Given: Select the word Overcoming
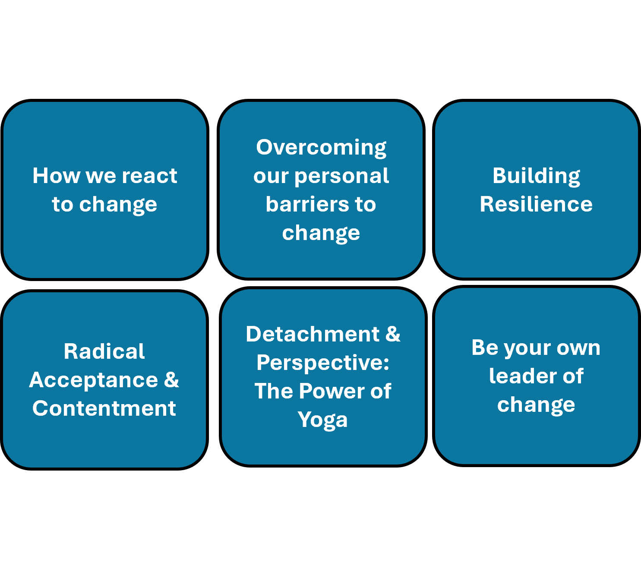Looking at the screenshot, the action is coord(321,148).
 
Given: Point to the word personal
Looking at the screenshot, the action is coord(342,176).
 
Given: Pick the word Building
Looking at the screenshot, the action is coord(536,176).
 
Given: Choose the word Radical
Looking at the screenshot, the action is coord(104,351).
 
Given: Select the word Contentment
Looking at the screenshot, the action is coord(104,408).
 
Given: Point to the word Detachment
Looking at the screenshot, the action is coord(313,334).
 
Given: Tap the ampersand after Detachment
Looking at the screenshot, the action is coord(393,334).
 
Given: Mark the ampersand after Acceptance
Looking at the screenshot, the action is coord(171,379).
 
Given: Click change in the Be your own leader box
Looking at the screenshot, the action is coord(536,405).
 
